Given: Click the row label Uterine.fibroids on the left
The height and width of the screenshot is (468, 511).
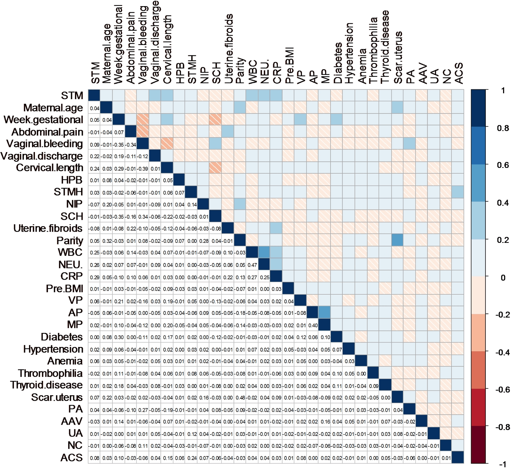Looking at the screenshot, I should click(x=48, y=228).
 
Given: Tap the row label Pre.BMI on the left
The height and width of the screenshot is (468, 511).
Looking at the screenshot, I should click(x=65, y=289).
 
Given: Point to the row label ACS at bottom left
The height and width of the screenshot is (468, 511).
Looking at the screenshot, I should click(x=72, y=458).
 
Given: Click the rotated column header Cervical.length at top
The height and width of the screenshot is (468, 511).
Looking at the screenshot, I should click(x=167, y=50).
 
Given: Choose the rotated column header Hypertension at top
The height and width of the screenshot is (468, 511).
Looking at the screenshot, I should click(x=349, y=53).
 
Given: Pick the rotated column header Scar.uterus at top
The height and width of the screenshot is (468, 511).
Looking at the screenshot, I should click(x=397, y=58).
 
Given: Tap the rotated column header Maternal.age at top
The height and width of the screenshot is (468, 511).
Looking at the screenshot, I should click(x=107, y=54).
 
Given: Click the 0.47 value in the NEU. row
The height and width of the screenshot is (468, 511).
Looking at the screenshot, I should click(x=252, y=265).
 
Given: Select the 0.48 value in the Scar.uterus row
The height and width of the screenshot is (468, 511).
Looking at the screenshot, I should click(x=240, y=398).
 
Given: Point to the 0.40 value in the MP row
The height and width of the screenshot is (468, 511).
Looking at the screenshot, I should click(x=313, y=326).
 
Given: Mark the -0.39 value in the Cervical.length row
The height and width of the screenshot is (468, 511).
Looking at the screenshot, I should click(x=143, y=169).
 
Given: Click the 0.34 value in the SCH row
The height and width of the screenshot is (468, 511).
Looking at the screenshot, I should click(x=143, y=217).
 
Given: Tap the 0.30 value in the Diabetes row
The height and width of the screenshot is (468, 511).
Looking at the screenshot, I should click(x=119, y=338).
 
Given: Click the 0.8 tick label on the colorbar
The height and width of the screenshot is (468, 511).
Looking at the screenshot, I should click(x=503, y=128).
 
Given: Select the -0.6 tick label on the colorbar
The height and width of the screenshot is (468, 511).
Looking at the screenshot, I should click(x=502, y=389).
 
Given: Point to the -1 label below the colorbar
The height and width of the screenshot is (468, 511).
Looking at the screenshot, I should click(x=503, y=464).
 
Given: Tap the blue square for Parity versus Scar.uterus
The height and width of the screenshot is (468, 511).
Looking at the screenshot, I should click(x=397, y=240).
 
